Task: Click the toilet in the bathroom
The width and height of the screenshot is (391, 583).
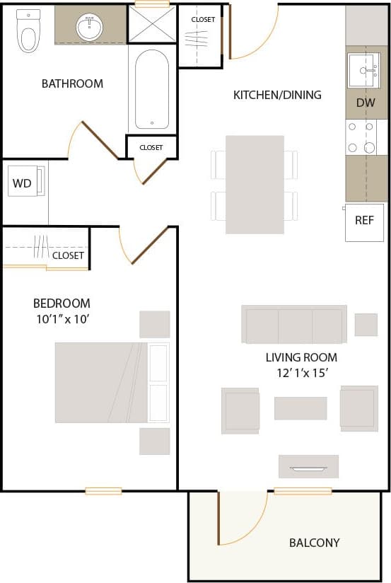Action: [x=28, y=30]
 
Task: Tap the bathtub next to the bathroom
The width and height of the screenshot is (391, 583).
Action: [x=151, y=88]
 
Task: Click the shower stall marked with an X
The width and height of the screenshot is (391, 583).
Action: [x=151, y=25]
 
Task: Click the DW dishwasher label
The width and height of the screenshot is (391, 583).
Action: [x=365, y=103]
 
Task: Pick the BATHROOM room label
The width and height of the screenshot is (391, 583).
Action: [x=72, y=83]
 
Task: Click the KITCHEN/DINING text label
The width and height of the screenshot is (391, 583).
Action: [x=277, y=95]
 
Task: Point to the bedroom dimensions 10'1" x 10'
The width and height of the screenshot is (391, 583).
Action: [x=63, y=319]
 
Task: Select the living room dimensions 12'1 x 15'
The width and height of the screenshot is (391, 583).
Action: [x=301, y=372]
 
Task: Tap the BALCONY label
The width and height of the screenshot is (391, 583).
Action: [x=314, y=543]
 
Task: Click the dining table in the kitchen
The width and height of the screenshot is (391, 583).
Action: [x=255, y=185]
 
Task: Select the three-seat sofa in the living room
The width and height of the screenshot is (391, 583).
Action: [x=293, y=324]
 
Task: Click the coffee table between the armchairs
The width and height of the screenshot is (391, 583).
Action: [x=300, y=408]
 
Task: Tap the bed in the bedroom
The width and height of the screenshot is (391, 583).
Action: [x=112, y=383]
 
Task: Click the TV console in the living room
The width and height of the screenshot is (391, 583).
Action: [x=308, y=466]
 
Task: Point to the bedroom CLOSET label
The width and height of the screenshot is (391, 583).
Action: [x=68, y=255]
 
